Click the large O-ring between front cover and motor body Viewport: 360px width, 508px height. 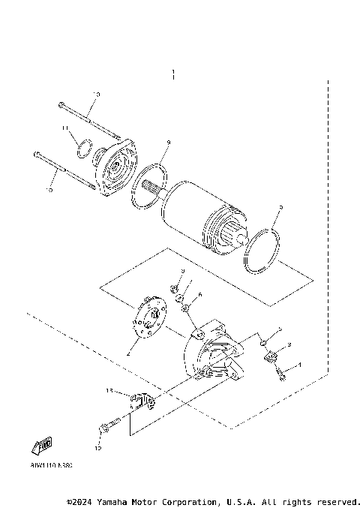[151, 188]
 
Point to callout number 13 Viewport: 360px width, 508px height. [109, 391]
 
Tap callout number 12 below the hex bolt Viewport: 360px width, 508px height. [97, 448]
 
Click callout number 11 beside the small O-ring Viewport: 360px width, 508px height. [66, 128]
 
